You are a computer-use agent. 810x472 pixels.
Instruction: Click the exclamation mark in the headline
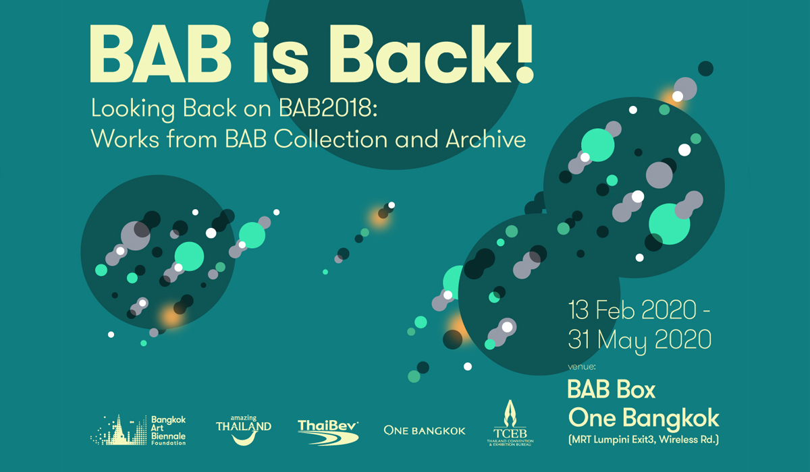[x=524, y=53]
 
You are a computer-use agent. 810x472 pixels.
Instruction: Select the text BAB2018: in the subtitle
[x=328, y=108]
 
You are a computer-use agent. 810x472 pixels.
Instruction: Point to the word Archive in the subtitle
[x=485, y=139]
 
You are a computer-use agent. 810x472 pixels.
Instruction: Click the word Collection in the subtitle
[x=331, y=139]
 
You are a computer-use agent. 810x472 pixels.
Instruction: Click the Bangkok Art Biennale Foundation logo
[x=138, y=430]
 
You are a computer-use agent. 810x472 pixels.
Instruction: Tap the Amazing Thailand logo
[x=244, y=430]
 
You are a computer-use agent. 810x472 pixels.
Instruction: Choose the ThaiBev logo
[x=328, y=432]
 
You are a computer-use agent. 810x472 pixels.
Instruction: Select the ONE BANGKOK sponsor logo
[x=425, y=430]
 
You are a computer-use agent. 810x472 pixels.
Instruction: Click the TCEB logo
[x=510, y=423]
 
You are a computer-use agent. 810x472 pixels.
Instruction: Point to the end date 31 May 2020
[x=640, y=341]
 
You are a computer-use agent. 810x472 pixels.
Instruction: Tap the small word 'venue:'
[x=582, y=367]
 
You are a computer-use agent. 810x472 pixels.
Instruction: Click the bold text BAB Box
[x=612, y=389]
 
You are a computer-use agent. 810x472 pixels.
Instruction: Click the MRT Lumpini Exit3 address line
[x=643, y=440]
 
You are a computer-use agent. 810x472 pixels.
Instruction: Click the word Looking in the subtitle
[x=134, y=109]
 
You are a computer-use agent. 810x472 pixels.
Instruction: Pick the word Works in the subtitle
[x=125, y=139]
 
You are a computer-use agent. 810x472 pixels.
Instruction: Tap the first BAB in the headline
[x=161, y=54]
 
